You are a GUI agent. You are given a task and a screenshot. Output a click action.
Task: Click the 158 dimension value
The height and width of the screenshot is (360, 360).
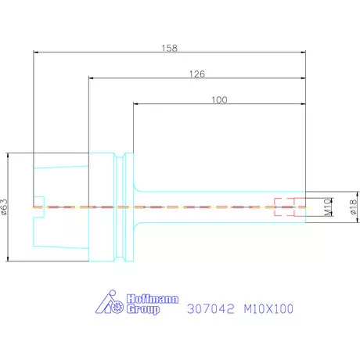[169, 48]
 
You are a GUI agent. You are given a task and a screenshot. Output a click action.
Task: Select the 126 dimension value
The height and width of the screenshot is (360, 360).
[197, 74]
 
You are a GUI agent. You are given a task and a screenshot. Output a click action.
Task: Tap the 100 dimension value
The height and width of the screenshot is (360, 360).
[219, 99]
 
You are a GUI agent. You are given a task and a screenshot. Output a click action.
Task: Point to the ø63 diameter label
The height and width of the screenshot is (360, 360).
[5, 207]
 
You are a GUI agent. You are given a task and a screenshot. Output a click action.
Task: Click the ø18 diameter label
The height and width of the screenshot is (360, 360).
[353, 207]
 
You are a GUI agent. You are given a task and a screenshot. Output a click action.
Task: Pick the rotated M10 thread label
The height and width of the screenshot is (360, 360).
[328, 207]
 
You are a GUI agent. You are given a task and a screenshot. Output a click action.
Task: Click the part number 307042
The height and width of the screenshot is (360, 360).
[211, 308]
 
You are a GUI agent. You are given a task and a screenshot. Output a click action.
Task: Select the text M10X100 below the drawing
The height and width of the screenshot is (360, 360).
[268, 308]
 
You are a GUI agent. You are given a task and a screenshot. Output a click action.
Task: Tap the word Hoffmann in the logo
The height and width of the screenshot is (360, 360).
[153, 299]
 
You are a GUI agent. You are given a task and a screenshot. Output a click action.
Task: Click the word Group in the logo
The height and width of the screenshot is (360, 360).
[143, 309]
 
